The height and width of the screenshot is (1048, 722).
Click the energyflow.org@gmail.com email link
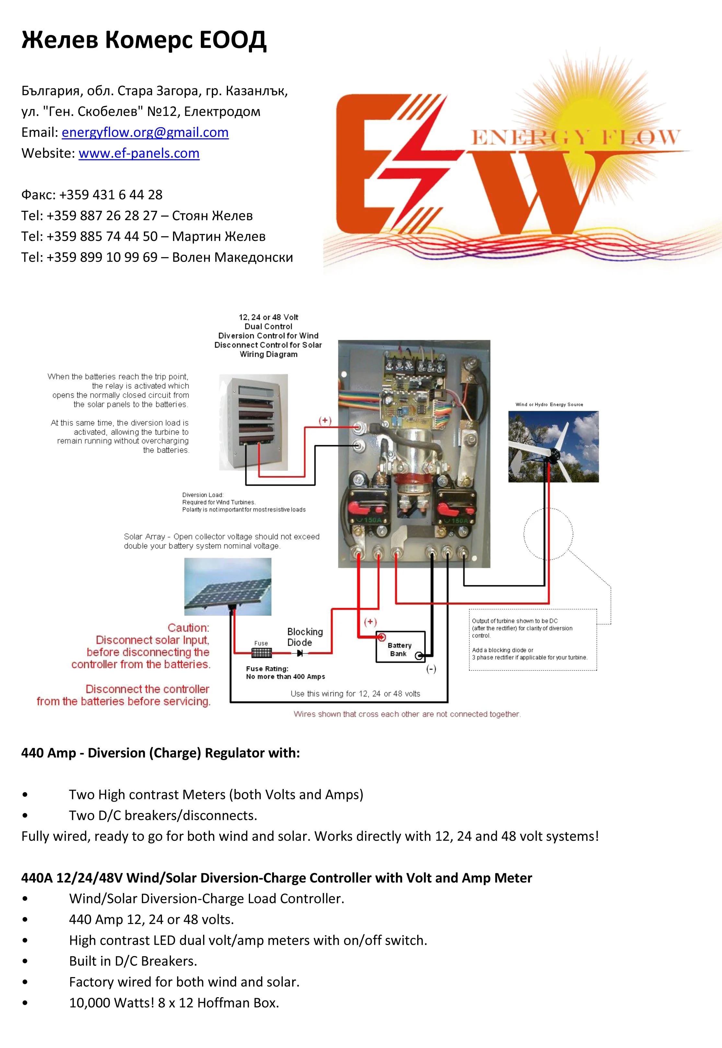[145, 132]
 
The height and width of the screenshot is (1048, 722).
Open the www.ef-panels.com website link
[139, 153]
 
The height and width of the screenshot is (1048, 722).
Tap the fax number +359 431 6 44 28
[110, 195]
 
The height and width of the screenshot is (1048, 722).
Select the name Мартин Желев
[219, 236]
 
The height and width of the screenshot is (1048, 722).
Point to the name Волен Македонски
[233, 257]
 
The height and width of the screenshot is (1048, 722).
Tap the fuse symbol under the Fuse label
[261, 653]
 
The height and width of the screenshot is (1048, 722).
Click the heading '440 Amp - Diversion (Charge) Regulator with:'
[161, 753]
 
